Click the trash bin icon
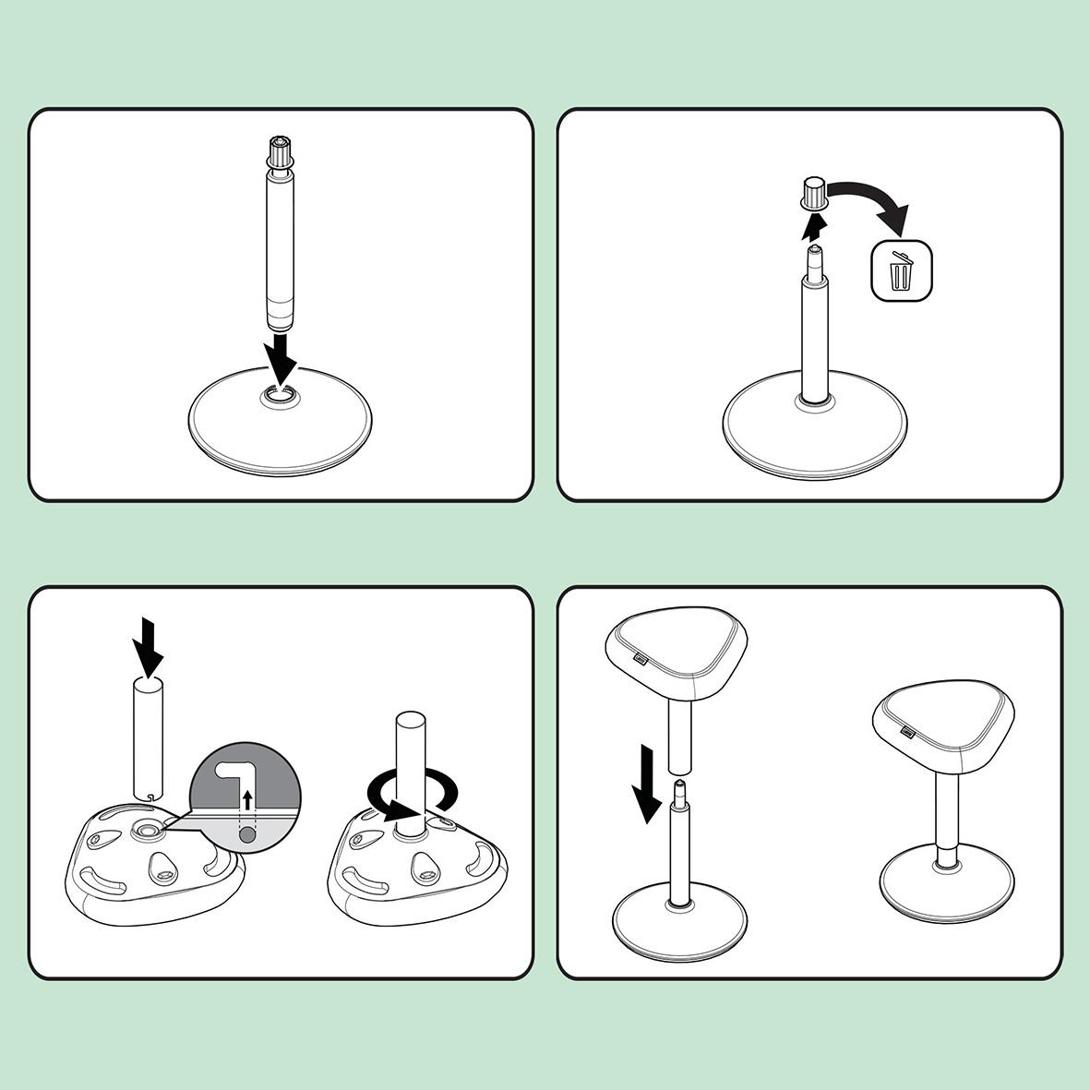(902, 272)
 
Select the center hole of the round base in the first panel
(280, 396)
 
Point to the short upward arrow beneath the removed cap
(813, 224)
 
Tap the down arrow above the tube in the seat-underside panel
(148, 646)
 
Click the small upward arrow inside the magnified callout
(246, 797)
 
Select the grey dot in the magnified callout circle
(246, 834)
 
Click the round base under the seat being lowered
(679, 928)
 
